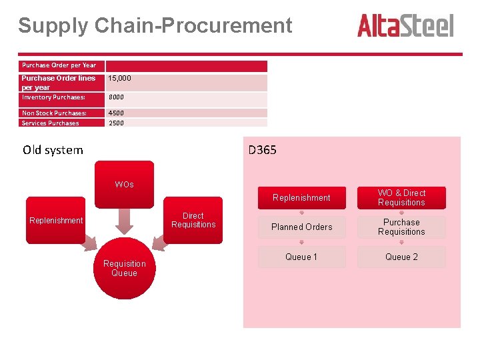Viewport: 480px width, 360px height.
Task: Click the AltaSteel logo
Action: (x=405, y=26)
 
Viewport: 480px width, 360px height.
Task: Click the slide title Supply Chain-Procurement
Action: (x=155, y=25)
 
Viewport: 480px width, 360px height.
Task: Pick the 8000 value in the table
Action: (x=187, y=97)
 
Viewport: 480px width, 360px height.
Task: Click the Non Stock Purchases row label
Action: (x=54, y=113)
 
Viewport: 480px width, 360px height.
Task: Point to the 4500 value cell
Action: (x=187, y=113)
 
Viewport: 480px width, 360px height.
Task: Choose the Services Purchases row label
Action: (x=51, y=123)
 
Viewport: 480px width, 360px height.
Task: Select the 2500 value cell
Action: (x=187, y=123)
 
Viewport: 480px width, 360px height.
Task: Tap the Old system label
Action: (x=53, y=150)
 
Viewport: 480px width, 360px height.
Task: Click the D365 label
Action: (x=262, y=150)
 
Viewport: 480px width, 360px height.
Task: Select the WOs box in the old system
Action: (x=124, y=184)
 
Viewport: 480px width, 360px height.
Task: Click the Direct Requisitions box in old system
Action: (x=193, y=220)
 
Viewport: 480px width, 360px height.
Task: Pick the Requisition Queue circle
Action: (x=124, y=268)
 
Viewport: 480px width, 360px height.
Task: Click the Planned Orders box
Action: (x=301, y=227)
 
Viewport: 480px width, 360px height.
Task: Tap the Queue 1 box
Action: (x=301, y=257)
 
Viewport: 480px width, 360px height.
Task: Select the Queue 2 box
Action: (x=401, y=257)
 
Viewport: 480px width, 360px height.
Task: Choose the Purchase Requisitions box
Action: (x=401, y=227)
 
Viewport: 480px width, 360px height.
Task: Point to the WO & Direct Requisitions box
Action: (x=401, y=197)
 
